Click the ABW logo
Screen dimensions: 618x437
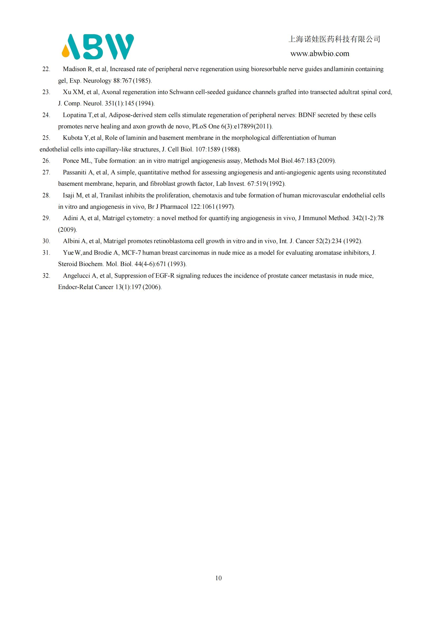pos(98,47)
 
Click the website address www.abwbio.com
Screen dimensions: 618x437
pos(320,54)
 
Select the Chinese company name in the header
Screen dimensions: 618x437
pos(334,39)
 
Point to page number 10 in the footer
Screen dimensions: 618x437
pos(218,578)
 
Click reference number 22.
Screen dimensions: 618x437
pos(46,69)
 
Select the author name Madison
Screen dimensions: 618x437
pos(74,69)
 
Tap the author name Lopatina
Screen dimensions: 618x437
pos(75,115)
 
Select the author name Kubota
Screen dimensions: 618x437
pos(73,138)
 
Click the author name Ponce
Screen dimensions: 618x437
pos(71,161)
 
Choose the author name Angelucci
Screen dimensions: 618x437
pos(76,276)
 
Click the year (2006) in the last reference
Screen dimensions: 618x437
pos(152,287)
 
